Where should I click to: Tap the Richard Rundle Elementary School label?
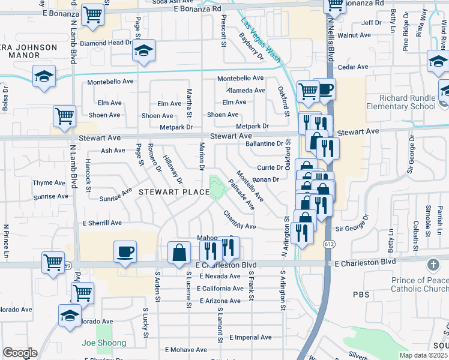tap(407, 103)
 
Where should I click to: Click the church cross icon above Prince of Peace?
tap(432, 264)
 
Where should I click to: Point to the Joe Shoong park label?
tap(104, 343)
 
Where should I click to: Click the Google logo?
tap(20, 353)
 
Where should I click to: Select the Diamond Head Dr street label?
tap(106, 43)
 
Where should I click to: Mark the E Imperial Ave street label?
tap(251, 337)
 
